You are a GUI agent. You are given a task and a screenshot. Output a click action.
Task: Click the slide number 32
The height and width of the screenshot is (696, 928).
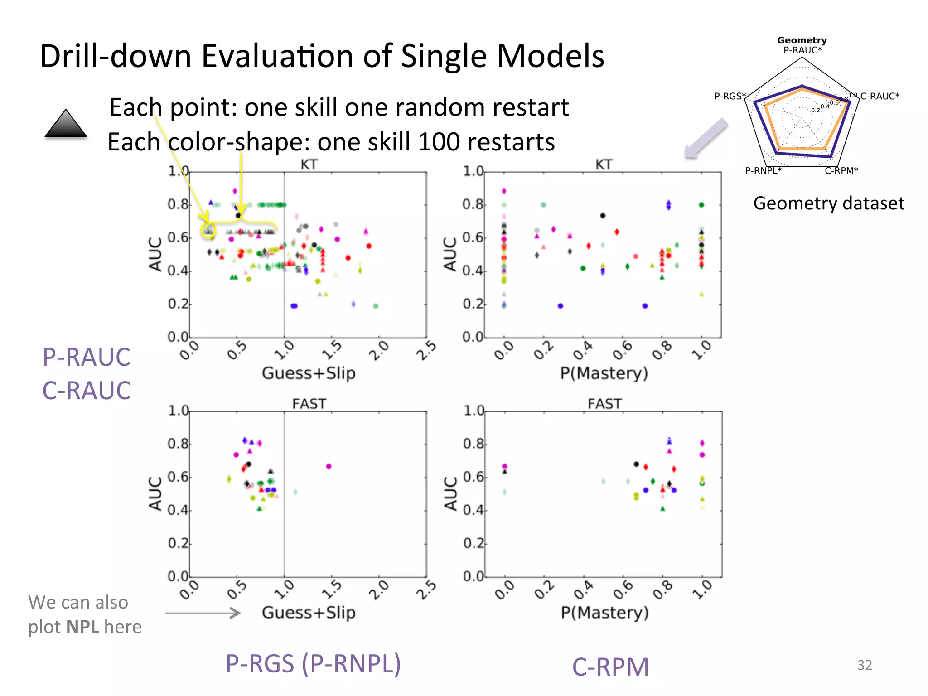point(864,665)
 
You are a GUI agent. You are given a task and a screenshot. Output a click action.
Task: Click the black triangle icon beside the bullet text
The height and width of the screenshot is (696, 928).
point(66,124)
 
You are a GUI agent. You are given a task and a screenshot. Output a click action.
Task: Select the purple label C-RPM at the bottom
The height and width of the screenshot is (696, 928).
point(610,667)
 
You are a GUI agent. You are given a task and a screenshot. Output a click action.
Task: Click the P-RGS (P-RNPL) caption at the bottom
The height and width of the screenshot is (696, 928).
point(313,664)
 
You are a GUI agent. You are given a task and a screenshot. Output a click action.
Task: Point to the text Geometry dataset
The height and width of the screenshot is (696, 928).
point(828,203)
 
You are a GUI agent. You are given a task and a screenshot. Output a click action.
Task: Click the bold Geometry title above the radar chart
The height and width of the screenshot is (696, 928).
point(802,40)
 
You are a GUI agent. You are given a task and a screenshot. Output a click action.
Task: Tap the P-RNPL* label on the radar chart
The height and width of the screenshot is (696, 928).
point(763,170)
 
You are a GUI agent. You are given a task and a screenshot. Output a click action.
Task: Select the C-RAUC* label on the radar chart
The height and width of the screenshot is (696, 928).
point(880,96)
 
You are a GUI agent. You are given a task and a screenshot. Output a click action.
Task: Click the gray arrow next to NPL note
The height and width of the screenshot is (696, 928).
point(203,613)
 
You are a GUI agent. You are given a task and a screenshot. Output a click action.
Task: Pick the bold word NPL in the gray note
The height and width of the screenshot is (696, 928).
point(82,627)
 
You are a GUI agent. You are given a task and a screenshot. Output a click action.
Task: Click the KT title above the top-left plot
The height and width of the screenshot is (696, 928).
point(309,164)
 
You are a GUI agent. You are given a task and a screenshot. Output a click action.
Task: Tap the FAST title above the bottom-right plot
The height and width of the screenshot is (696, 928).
point(604,403)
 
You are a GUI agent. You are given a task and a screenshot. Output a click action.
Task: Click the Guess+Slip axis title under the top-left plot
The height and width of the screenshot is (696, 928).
point(309,373)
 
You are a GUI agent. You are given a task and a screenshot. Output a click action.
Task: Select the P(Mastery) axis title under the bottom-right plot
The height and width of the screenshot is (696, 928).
point(604,612)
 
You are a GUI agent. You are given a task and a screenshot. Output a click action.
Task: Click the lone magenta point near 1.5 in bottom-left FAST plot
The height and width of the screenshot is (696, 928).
point(329,466)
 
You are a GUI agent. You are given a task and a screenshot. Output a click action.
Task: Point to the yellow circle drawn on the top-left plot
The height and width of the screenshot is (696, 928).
point(208,229)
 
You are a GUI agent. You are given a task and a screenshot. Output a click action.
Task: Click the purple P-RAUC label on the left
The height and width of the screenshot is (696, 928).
point(86,357)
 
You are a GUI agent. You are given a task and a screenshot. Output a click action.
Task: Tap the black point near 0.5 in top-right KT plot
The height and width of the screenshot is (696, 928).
point(603,216)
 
